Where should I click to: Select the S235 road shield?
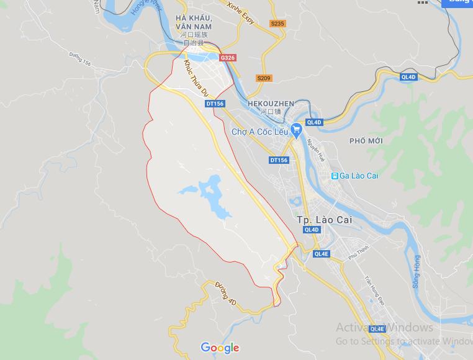[x=277, y=24]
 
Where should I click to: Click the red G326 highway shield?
[x=228, y=58]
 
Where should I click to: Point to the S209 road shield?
[x=264, y=78]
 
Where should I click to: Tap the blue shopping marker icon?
[x=296, y=128]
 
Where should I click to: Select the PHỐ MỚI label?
[x=366, y=141]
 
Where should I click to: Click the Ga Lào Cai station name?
[x=359, y=176]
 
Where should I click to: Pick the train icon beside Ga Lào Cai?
[x=335, y=176]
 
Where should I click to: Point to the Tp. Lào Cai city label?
[x=320, y=220]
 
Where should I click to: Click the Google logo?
[x=220, y=348]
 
